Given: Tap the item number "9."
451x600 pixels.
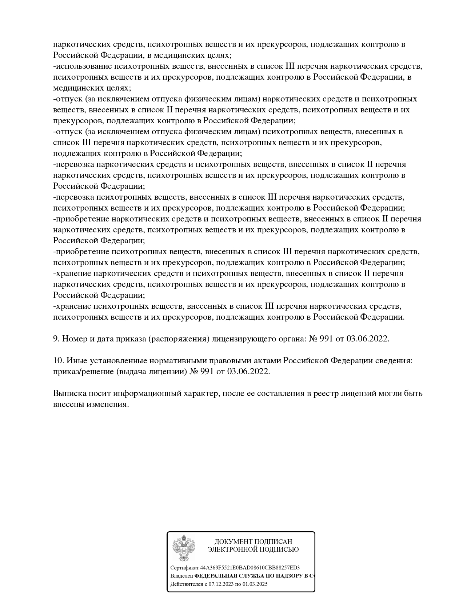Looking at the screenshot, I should pyautogui.click(x=56, y=339).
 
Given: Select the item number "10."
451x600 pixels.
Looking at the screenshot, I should pyautogui.click(x=59, y=361).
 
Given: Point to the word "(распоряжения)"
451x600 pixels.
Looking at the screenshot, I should pyautogui.click(x=179, y=339).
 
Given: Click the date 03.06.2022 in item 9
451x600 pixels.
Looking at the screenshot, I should pyautogui.click(x=368, y=339).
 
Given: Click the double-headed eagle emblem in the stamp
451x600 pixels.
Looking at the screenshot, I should pyautogui.click(x=184, y=548).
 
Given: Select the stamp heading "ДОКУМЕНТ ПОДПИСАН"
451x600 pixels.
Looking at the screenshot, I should pyautogui.click(x=253, y=542).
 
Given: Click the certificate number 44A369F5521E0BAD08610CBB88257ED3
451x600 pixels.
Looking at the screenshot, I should pyautogui.click(x=250, y=568).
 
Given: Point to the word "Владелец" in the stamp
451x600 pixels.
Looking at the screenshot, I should pyautogui.click(x=181, y=576).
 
